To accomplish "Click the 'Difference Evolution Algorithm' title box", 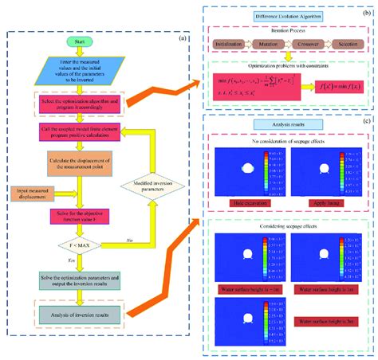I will tap(287, 17).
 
